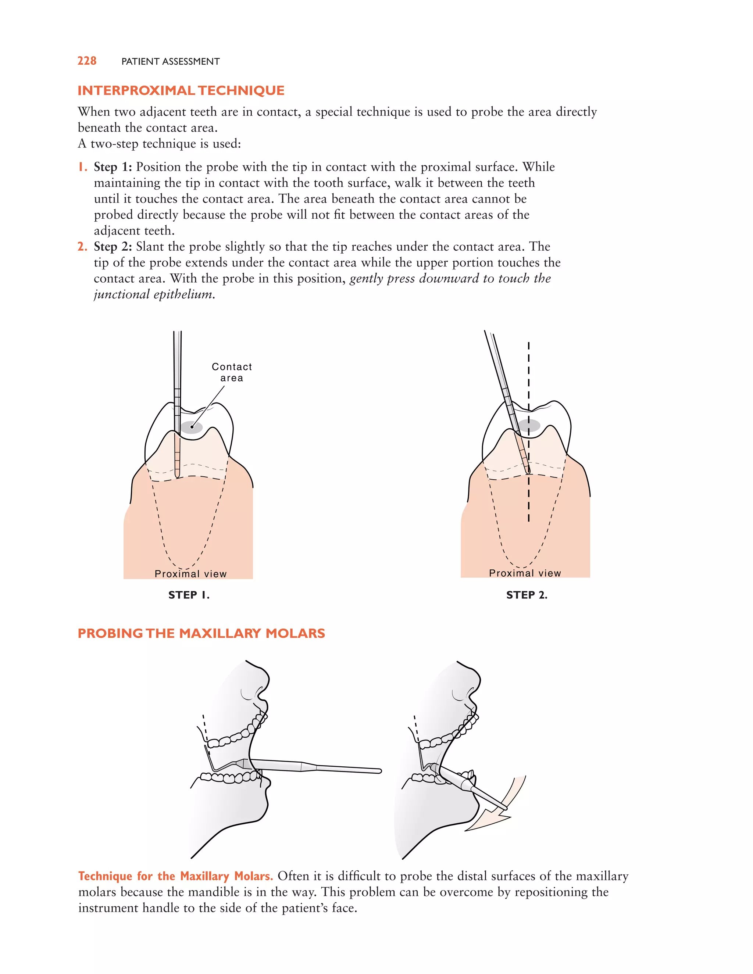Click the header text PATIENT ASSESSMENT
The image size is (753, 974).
pyautogui.click(x=170, y=61)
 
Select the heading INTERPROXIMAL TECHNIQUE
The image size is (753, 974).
pyautogui.click(x=181, y=90)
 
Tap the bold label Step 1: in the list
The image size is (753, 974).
pyautogui.click(x=113, y=167)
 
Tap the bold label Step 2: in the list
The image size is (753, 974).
pyautogui.click(x=113, y=247)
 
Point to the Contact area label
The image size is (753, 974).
pyautogui.click(x=232, y=372)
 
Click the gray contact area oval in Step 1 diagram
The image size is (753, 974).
pyautogui.click(x=192, y=427)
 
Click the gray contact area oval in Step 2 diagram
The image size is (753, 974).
pyautogui.click(x=529, y=426)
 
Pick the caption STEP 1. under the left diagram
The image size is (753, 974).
pyautogui.click(x=189, y=595)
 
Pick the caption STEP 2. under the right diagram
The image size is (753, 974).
pyautogui.click(x=527, y=595)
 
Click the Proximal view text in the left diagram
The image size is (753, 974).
pyautogui.click(x=190, y=574)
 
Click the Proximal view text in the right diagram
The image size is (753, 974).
pyautogui.click(x=525, y=573)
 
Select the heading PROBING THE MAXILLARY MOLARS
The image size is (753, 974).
pyautogui.click(x=201, y=633)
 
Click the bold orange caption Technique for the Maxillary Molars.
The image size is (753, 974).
pyautogui.click(x=175, y=876)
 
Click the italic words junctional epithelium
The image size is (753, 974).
pyautogui.click(x=154, y=295)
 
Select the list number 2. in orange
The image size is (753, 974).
pyautogui.click(x=82, y=247)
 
